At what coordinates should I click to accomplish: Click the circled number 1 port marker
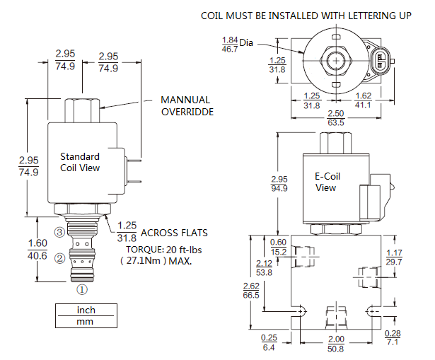[82, 289]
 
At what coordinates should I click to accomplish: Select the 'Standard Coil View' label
[80, 162]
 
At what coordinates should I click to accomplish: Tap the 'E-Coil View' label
[325, 182]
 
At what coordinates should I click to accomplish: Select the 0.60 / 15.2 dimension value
[279, 246]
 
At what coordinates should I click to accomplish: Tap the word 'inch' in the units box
[86, 310]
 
